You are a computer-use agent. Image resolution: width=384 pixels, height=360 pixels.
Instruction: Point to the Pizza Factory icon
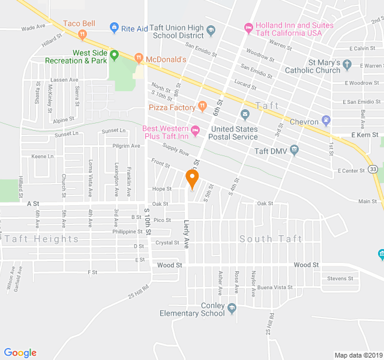(x=203, y=107)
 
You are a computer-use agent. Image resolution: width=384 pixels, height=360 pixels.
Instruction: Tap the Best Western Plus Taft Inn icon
(x=195, y=130)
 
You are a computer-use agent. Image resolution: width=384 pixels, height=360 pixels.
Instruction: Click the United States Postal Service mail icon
(x=245, y=114)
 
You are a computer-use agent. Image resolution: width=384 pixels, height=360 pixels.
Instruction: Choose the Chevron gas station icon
(x=326, y=120)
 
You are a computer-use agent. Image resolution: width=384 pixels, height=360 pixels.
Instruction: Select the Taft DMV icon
(x=294, y=149)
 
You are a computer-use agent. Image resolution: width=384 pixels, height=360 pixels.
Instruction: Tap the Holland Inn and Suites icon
(x=248, y=27)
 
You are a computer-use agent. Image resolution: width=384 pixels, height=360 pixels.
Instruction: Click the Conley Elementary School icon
(x=232, y=308)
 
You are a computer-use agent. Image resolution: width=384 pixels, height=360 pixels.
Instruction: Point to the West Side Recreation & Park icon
(x=113, y=55)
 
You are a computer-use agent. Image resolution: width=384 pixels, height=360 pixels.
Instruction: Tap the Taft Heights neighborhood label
(x=42, y=239)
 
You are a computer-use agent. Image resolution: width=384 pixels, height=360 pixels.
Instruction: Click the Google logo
(x=20, y=353)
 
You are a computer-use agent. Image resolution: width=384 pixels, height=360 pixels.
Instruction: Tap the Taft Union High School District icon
(x=211, y=30)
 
